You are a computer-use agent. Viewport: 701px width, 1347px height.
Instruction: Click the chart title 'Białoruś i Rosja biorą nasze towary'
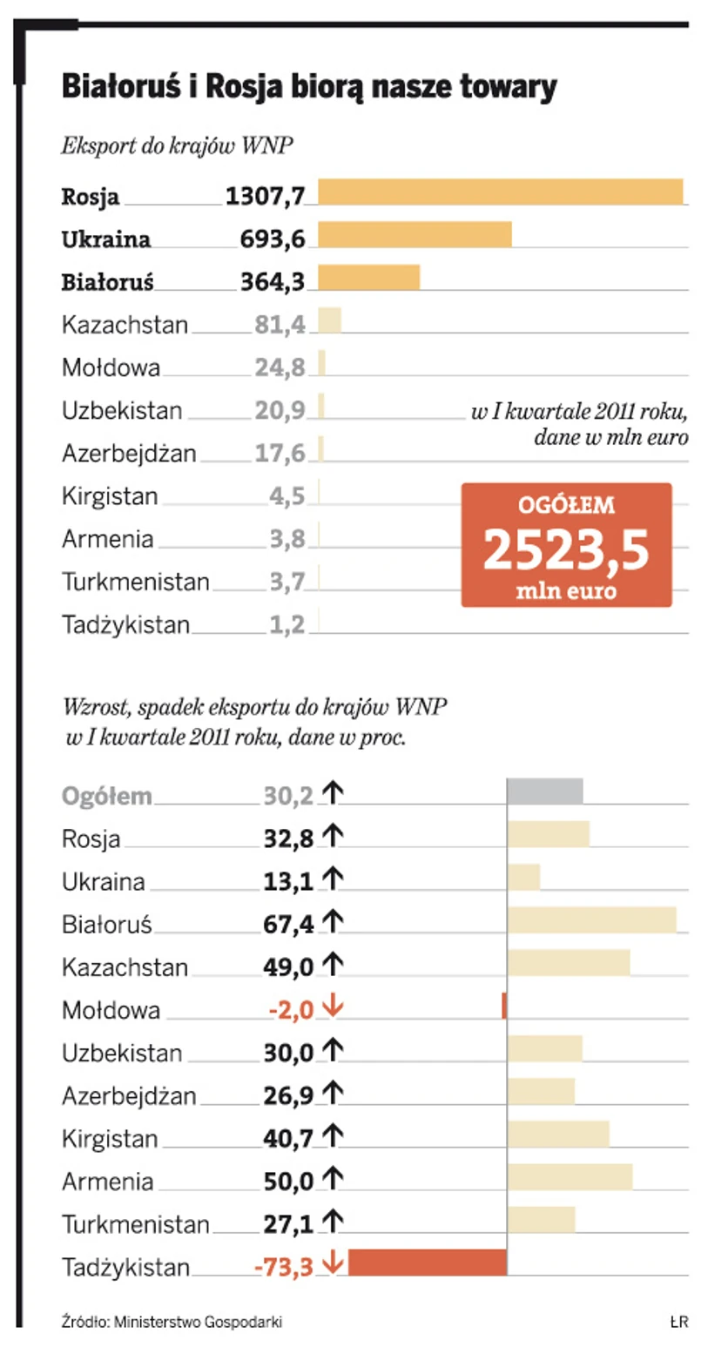(x=309, y=88)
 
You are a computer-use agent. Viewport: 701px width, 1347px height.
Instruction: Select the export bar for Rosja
(x=500, y=192)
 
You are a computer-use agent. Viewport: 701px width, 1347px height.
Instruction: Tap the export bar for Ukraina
(x=415, y=235)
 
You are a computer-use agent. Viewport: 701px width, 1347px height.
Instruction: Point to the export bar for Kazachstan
(x=329, y=320)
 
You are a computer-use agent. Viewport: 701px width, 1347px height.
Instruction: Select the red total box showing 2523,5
(x=567, y=545)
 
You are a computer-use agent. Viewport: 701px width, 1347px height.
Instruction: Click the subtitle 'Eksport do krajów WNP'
(x=177, y=145)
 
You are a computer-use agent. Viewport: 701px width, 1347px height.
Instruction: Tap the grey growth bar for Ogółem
(x=545, y=791)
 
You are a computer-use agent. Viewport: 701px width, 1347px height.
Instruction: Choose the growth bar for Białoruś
(x=591, y=920)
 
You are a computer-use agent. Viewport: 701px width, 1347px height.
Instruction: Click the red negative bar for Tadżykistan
(x=427, y=1263)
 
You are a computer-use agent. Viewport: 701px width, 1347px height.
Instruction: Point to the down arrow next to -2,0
(x=332, y=1007)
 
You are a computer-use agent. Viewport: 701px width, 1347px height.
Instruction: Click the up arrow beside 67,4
(x=332, y=921)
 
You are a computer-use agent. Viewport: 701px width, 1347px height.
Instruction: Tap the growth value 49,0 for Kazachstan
(x=287, y=966)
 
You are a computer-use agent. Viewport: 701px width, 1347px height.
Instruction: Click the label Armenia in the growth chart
(x=108, y=1182)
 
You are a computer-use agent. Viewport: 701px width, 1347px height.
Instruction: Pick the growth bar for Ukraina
(x=523, y=878)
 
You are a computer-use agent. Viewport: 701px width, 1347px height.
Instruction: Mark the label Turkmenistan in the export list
(x=136, y=581)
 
